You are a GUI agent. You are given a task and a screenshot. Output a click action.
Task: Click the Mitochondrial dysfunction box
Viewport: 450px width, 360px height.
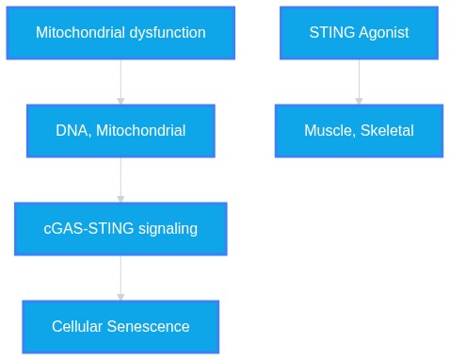click(121, 33)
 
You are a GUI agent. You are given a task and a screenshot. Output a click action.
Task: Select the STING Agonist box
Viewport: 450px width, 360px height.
click(359, 33)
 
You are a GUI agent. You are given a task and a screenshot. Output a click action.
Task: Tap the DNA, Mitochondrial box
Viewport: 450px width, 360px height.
click(121, 131)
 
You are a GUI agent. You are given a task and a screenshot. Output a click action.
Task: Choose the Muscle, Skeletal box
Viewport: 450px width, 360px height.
click(359, 131)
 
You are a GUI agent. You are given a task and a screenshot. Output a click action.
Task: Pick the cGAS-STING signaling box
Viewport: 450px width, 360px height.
click(121, 229)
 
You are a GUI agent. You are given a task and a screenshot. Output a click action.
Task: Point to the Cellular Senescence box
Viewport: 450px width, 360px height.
click(121, 327)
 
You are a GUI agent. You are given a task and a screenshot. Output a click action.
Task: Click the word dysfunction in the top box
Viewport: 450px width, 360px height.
click(168, 33)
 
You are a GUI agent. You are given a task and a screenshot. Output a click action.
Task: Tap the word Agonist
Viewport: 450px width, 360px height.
click(384, 33)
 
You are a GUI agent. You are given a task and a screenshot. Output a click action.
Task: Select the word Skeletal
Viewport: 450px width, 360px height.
click(387, 130)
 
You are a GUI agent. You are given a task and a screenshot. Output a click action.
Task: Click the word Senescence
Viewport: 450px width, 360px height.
click(148, 326)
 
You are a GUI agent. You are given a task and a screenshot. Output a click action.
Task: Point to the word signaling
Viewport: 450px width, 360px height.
click(168, 229)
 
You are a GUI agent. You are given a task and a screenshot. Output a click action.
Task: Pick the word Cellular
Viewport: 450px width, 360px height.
click(77, 326)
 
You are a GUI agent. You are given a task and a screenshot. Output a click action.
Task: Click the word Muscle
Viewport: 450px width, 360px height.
click(329, 131)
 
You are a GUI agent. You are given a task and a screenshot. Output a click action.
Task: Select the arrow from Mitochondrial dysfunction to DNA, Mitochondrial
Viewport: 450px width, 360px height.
click(121, 82)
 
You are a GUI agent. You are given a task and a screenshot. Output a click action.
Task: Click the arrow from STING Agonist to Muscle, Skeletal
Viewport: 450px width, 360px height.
click(359, 82)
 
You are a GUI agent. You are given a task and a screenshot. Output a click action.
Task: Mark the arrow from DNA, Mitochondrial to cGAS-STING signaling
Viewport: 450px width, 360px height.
click(121, 180)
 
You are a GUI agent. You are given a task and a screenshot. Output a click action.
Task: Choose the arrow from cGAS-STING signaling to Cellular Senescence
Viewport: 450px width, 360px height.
click(121, 278)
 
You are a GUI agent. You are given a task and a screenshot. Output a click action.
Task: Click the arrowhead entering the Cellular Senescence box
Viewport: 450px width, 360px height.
click(121, 297)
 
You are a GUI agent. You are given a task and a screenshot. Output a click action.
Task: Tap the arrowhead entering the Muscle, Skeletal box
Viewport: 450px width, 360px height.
click(359, 101)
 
